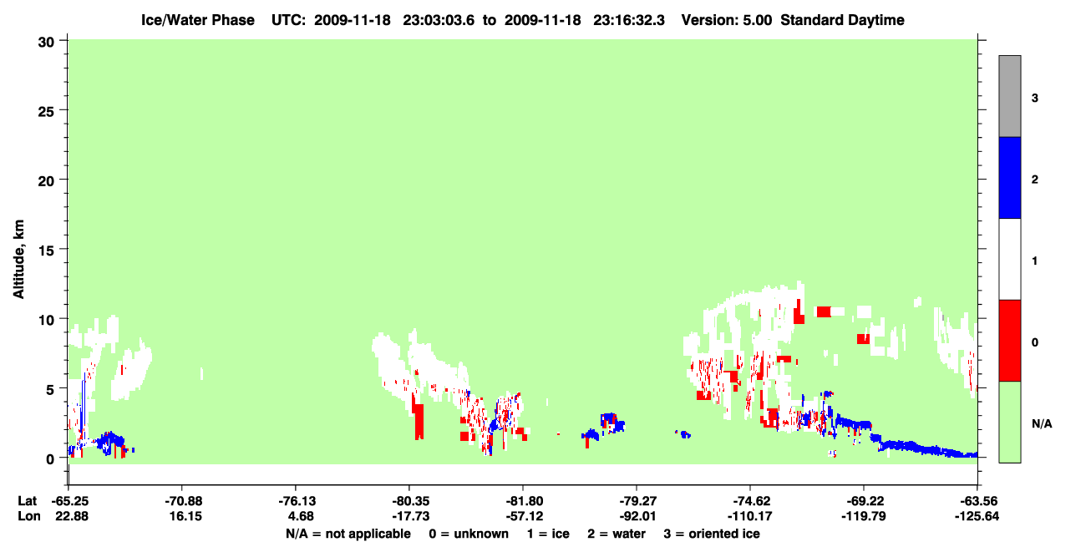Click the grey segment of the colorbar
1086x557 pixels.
point(1009,96)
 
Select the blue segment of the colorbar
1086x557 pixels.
point(1009,177)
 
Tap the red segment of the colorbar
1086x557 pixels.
point(1009,341)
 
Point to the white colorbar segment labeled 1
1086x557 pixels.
point(1009,259)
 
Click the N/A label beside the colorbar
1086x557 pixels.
point(1042,423)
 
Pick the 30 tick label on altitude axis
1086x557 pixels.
point(46,43)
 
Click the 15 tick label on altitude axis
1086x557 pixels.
point(46,250)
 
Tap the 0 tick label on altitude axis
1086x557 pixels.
point(50,458)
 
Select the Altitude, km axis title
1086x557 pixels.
point(18,259)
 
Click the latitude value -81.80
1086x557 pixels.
point(524,501)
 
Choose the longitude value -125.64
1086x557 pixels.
point(977,516)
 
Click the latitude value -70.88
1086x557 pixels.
point(183,501)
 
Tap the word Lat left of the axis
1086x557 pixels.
point(27,501)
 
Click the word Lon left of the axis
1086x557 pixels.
point(29,516)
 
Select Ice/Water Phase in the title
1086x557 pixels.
point(198,20)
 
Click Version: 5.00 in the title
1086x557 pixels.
point(727,20)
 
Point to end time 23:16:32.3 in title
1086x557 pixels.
point(629,20)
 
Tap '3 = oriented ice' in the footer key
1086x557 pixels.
point(712,534)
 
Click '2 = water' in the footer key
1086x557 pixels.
point(617,534)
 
